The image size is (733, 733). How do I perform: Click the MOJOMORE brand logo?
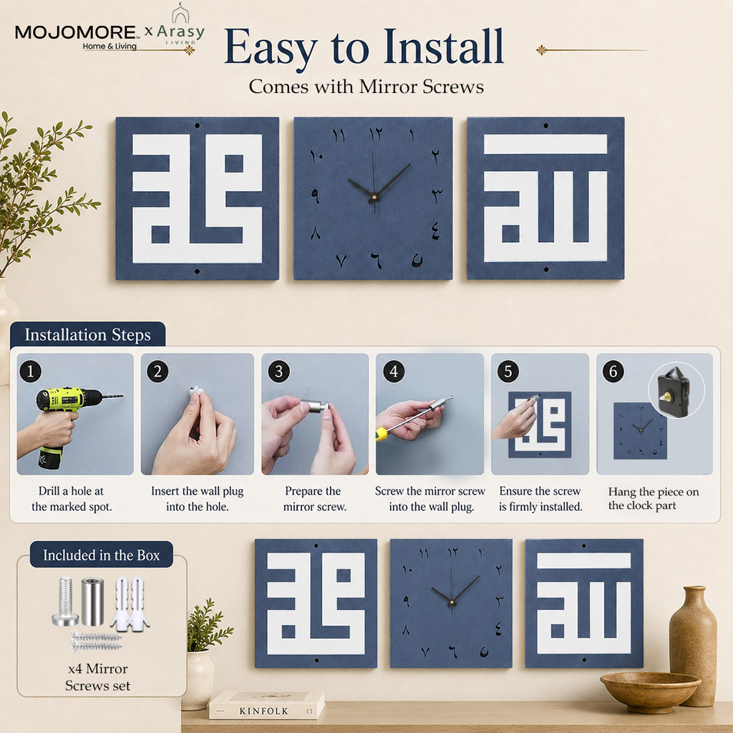[x=77, y=37]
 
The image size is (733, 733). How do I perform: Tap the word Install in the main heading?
[x=444, y=47]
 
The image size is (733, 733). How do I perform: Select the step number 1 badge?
[x=30, y=372]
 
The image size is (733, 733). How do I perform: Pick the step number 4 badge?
[x=394, y=372]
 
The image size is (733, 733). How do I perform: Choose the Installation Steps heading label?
[x=88, y=335]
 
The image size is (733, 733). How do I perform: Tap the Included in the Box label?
[x=102, y=555]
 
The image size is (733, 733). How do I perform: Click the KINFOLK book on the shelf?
[x=266, y=705]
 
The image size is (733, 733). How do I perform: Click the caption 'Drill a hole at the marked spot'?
[x=72, y=499]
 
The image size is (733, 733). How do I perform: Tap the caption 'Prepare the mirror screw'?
[x=314, y=499]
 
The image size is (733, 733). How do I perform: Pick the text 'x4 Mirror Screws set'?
[x=97, y=677]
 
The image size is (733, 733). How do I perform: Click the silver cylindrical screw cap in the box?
[x=92, y=601]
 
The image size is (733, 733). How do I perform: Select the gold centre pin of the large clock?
[x=374, y=198]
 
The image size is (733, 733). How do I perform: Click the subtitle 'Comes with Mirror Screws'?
[x=366, y=87]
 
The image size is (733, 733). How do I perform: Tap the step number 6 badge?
[x=613, y=372]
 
